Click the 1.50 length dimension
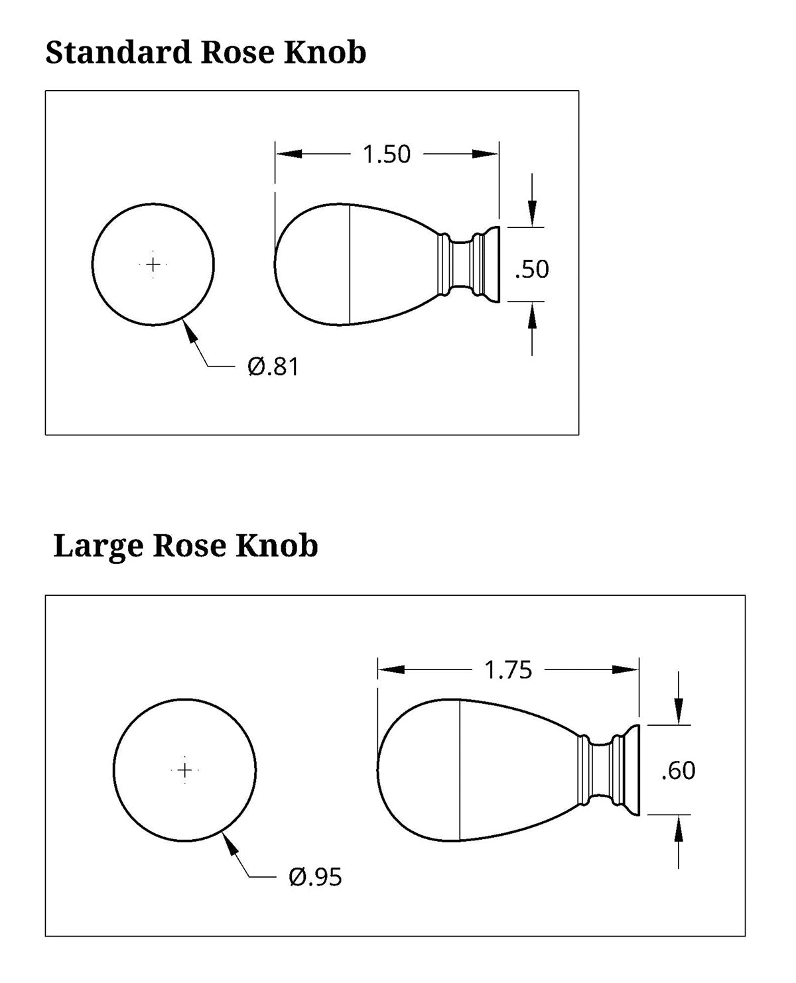pyautogui.click(x=387, y=154)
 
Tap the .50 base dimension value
pyautogui.click(x=532, y=269)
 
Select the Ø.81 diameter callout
pyautogui.click(x=273, y=367)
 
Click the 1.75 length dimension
pyautogui.click(x=508, y=670)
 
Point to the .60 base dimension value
pyautogui.click(x=678, y=771)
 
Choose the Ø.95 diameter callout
pyautogui.click(x=315, y=878)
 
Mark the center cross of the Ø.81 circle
pyautogui.click(x=153, y=264)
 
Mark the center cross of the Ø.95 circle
pyautogui.click(x=185, y=770)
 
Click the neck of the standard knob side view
pyautogui.click(x=462, y=264)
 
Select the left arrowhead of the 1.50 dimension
pyautogui.click(x=287, y=154)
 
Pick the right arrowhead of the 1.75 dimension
pyautogui.click(x=628, y=670)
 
